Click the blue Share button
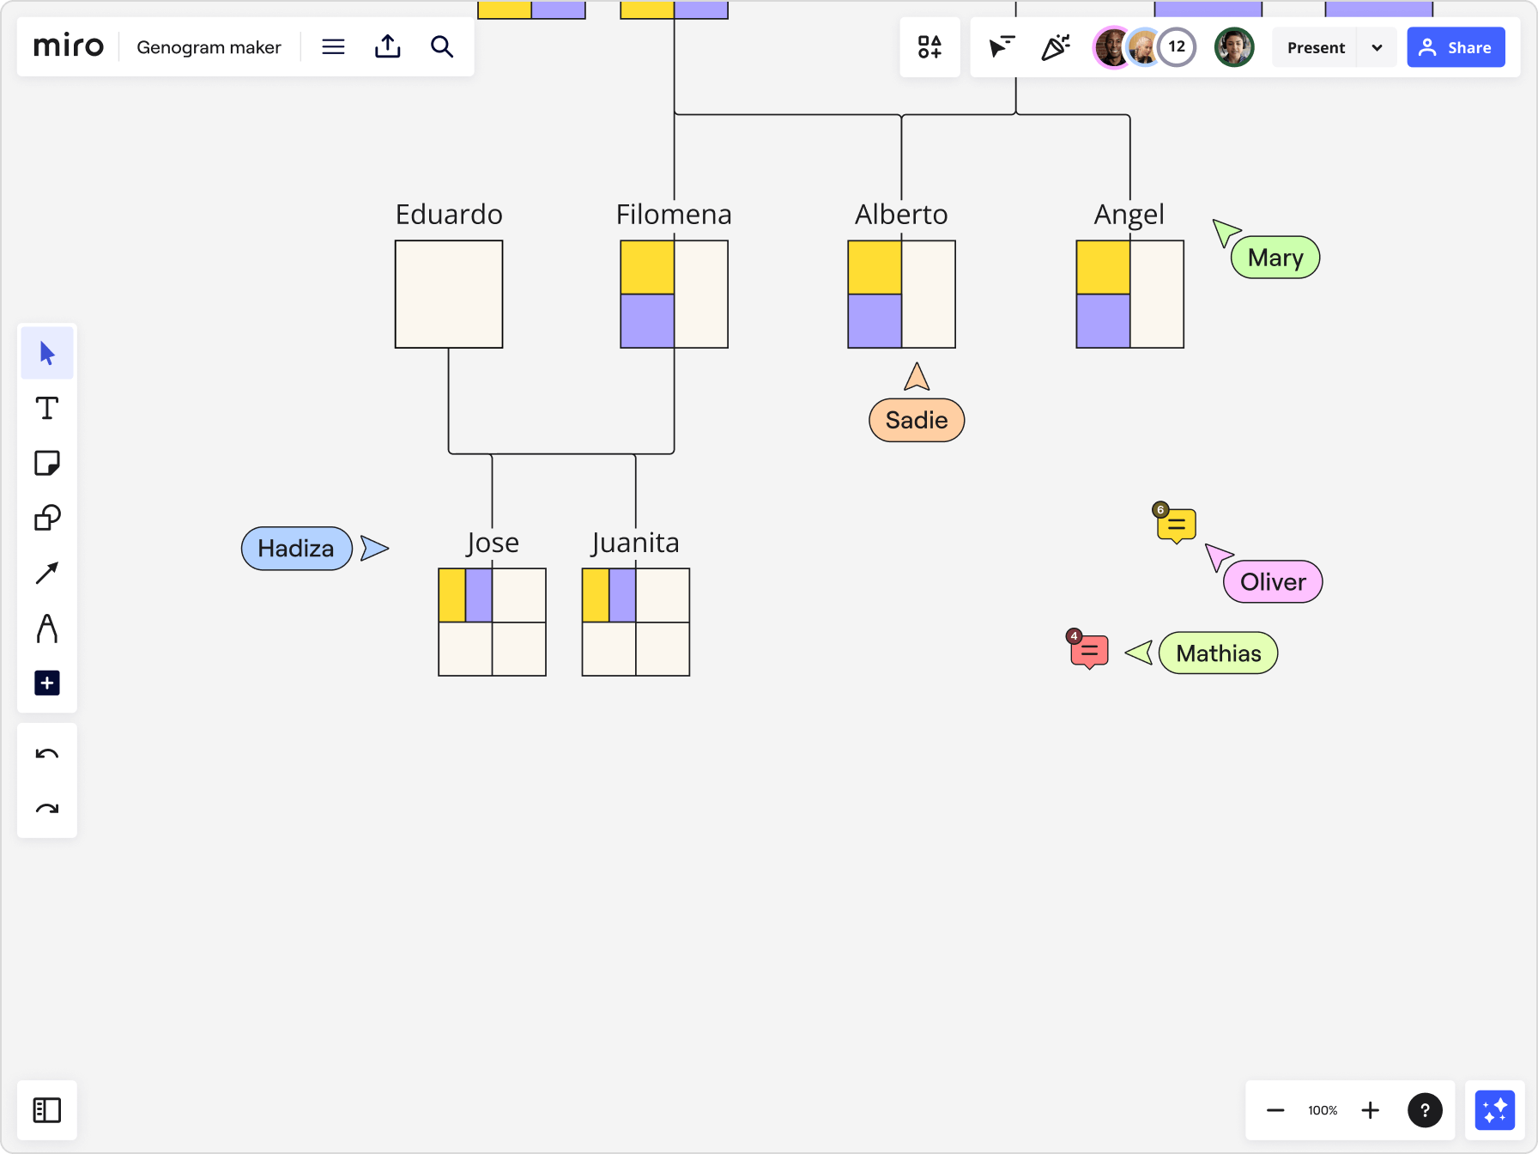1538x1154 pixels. pyautogui.click(x=1456, y=47)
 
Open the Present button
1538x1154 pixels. pyautogui.click(x=1315, y=47)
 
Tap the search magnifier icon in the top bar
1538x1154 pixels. pyautogui.click(x=442, y=46)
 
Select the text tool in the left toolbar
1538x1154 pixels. pyautogui.click(x=47, y=408)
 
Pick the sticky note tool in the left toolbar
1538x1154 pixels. pyautogui.click(x=47, y=464)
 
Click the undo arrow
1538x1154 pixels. pyautogui.click(x=47, y=754)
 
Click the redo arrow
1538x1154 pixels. pyautogui.click(x=47, y=809)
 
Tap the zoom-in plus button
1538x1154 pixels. pyautogui.click(x=1371, y=1110)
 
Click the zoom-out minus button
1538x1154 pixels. pyautogui.click(x=1275, y=1110)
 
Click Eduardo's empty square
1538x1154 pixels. pyautogui.click(x=449, y=295)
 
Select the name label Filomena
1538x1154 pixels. pyautogui.click(x=674, y=214)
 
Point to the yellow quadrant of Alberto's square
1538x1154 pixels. pyautogui.click(x=875, y=268)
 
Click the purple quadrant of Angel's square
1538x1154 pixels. pyautogui.click(x=1103, y=321)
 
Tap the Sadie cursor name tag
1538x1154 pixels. pyautogui.click(x=917, y=420)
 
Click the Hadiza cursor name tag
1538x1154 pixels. pyautogui.click(x=296, y=549)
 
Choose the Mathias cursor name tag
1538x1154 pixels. pyautogui.click(x=1218, y=653)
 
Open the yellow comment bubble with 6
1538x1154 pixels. pyautogui.click(x=1176, y=525)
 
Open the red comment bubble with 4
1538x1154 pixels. pyautogui.click(x=1089, y=652)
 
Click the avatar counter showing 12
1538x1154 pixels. pyautogui.click(x=1177, y=46)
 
